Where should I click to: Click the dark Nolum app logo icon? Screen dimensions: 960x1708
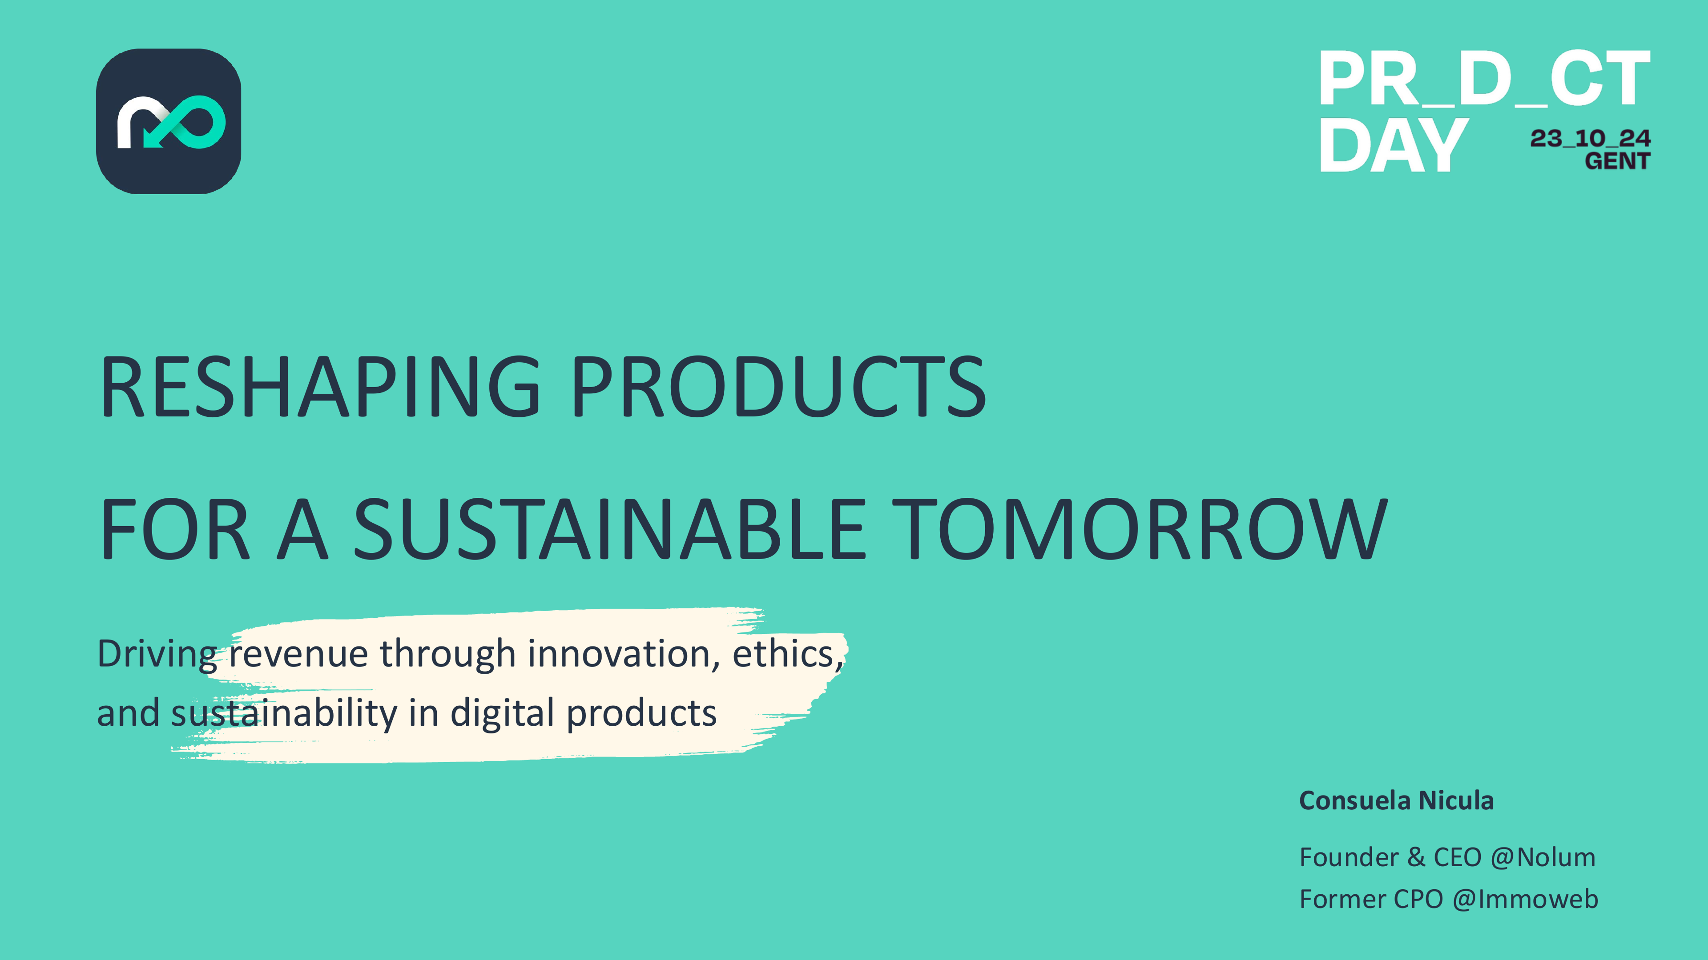coord(169,121)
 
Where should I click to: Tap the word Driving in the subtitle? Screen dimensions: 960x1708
coord(157,655)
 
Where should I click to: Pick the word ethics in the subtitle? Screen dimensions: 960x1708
coord(784,655)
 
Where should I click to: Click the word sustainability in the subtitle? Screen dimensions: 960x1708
coord(284,713)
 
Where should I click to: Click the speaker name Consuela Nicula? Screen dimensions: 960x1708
coord(1396,801)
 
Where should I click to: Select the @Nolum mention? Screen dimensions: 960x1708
coord(1542,857)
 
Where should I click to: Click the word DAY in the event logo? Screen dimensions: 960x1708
coord(1392,146)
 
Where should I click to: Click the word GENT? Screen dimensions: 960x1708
coord(1616,161)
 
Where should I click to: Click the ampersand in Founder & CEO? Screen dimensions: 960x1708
coord(1416,857)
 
